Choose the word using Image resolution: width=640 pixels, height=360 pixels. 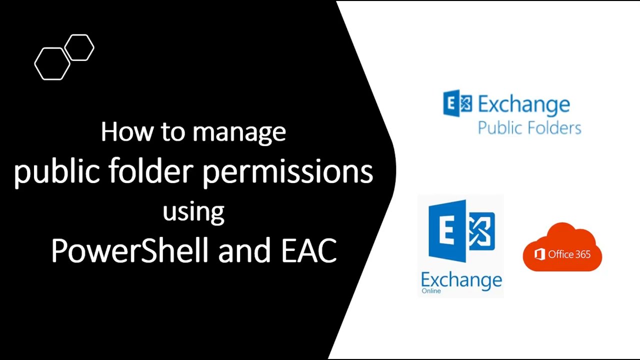[193, 211]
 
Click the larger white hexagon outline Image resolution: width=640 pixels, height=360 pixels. [52, 63]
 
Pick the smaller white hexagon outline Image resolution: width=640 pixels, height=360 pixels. [79, 48]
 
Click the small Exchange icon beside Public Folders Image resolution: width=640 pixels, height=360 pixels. [457, 103]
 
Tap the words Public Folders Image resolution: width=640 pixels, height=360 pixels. [529, 128]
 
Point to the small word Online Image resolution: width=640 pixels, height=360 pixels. [431, 291]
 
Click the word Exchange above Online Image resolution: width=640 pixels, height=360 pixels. [461, 279]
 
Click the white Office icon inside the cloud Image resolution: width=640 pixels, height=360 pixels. [539, 254]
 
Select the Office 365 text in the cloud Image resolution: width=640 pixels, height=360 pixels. [569, 254]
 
